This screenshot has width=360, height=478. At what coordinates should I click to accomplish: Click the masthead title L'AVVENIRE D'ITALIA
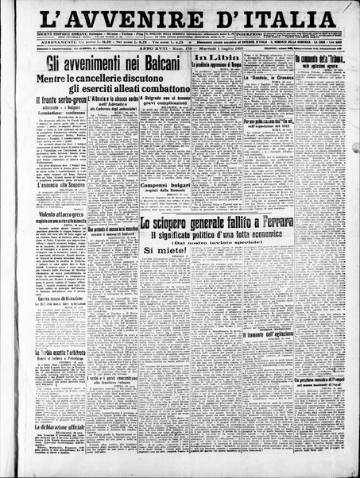pos(180,18)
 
